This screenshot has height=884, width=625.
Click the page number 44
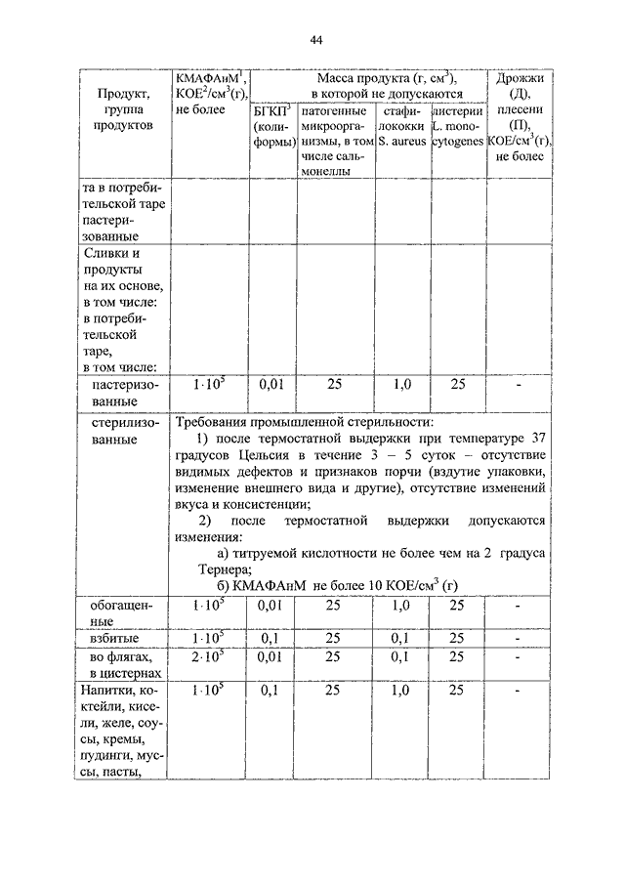[x=315, y=40]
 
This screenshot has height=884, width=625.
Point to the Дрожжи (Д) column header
[x=519, y=118]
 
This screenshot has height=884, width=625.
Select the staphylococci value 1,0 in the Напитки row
[x=400, y=691]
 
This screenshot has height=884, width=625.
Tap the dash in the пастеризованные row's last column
[x=519, y=385]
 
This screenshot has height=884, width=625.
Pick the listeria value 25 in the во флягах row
[x=456, y=655]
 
